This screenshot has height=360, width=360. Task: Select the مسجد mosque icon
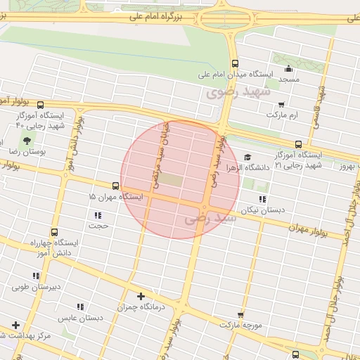(x=288, y=68)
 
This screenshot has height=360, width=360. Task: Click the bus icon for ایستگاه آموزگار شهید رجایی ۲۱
(x=299, y=143)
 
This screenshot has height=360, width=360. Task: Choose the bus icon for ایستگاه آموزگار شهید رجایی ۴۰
(x=40, y=104)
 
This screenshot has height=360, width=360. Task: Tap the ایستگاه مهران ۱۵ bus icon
(x=115, y=186)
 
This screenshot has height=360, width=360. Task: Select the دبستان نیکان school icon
(x=262, y=199)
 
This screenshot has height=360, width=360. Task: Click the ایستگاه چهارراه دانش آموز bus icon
(x=54, y=232)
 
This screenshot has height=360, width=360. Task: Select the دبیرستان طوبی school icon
(x=36, y=276)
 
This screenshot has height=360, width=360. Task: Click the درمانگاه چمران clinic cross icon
(x=141, y=296)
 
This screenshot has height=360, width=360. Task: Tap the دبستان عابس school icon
(x=80, y=307)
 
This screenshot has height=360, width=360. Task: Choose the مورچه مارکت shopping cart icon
(x=241, y=314)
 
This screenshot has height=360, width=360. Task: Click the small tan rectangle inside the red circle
(x=171, y=180)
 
